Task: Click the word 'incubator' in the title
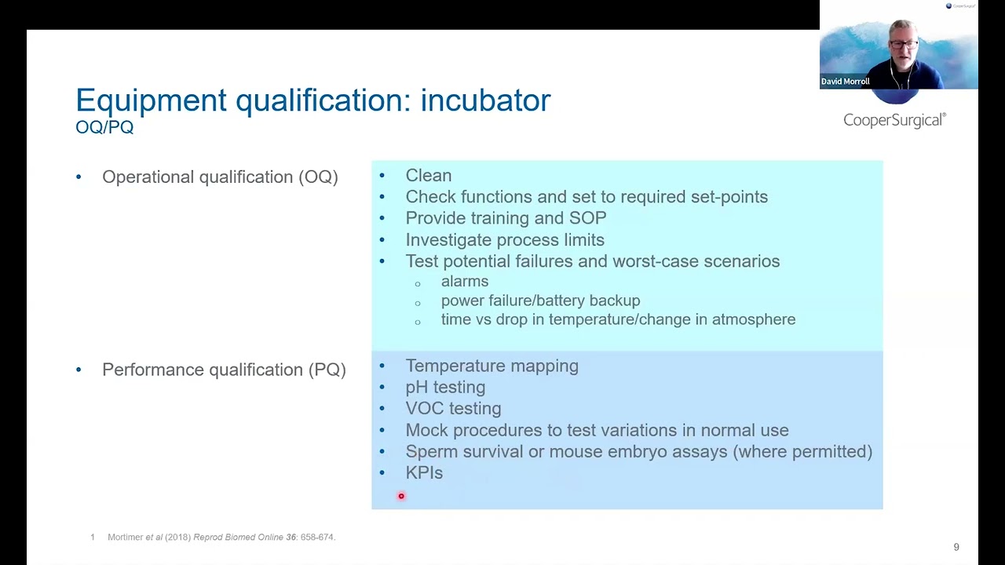[485, 100]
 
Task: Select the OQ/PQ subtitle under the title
[104, 127]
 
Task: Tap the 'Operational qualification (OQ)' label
[220, 177]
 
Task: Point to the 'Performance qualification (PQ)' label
[224, 370]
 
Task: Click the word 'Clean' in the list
[428, 176]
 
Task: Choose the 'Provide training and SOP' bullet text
[506, 218]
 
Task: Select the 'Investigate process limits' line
[505, 240]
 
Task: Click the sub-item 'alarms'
[465, 281]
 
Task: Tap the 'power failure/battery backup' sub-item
[540, 301]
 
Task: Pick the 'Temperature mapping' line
[492, 366]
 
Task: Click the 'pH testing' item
[445, 387]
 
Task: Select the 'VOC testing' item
[453, 409]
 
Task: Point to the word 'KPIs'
[424, 473]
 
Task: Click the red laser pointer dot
[401, 496]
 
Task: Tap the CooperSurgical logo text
[894, 120]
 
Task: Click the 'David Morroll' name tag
[846, 82]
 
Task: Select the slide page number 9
[956, 547]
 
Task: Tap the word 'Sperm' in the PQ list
[431, 451]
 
